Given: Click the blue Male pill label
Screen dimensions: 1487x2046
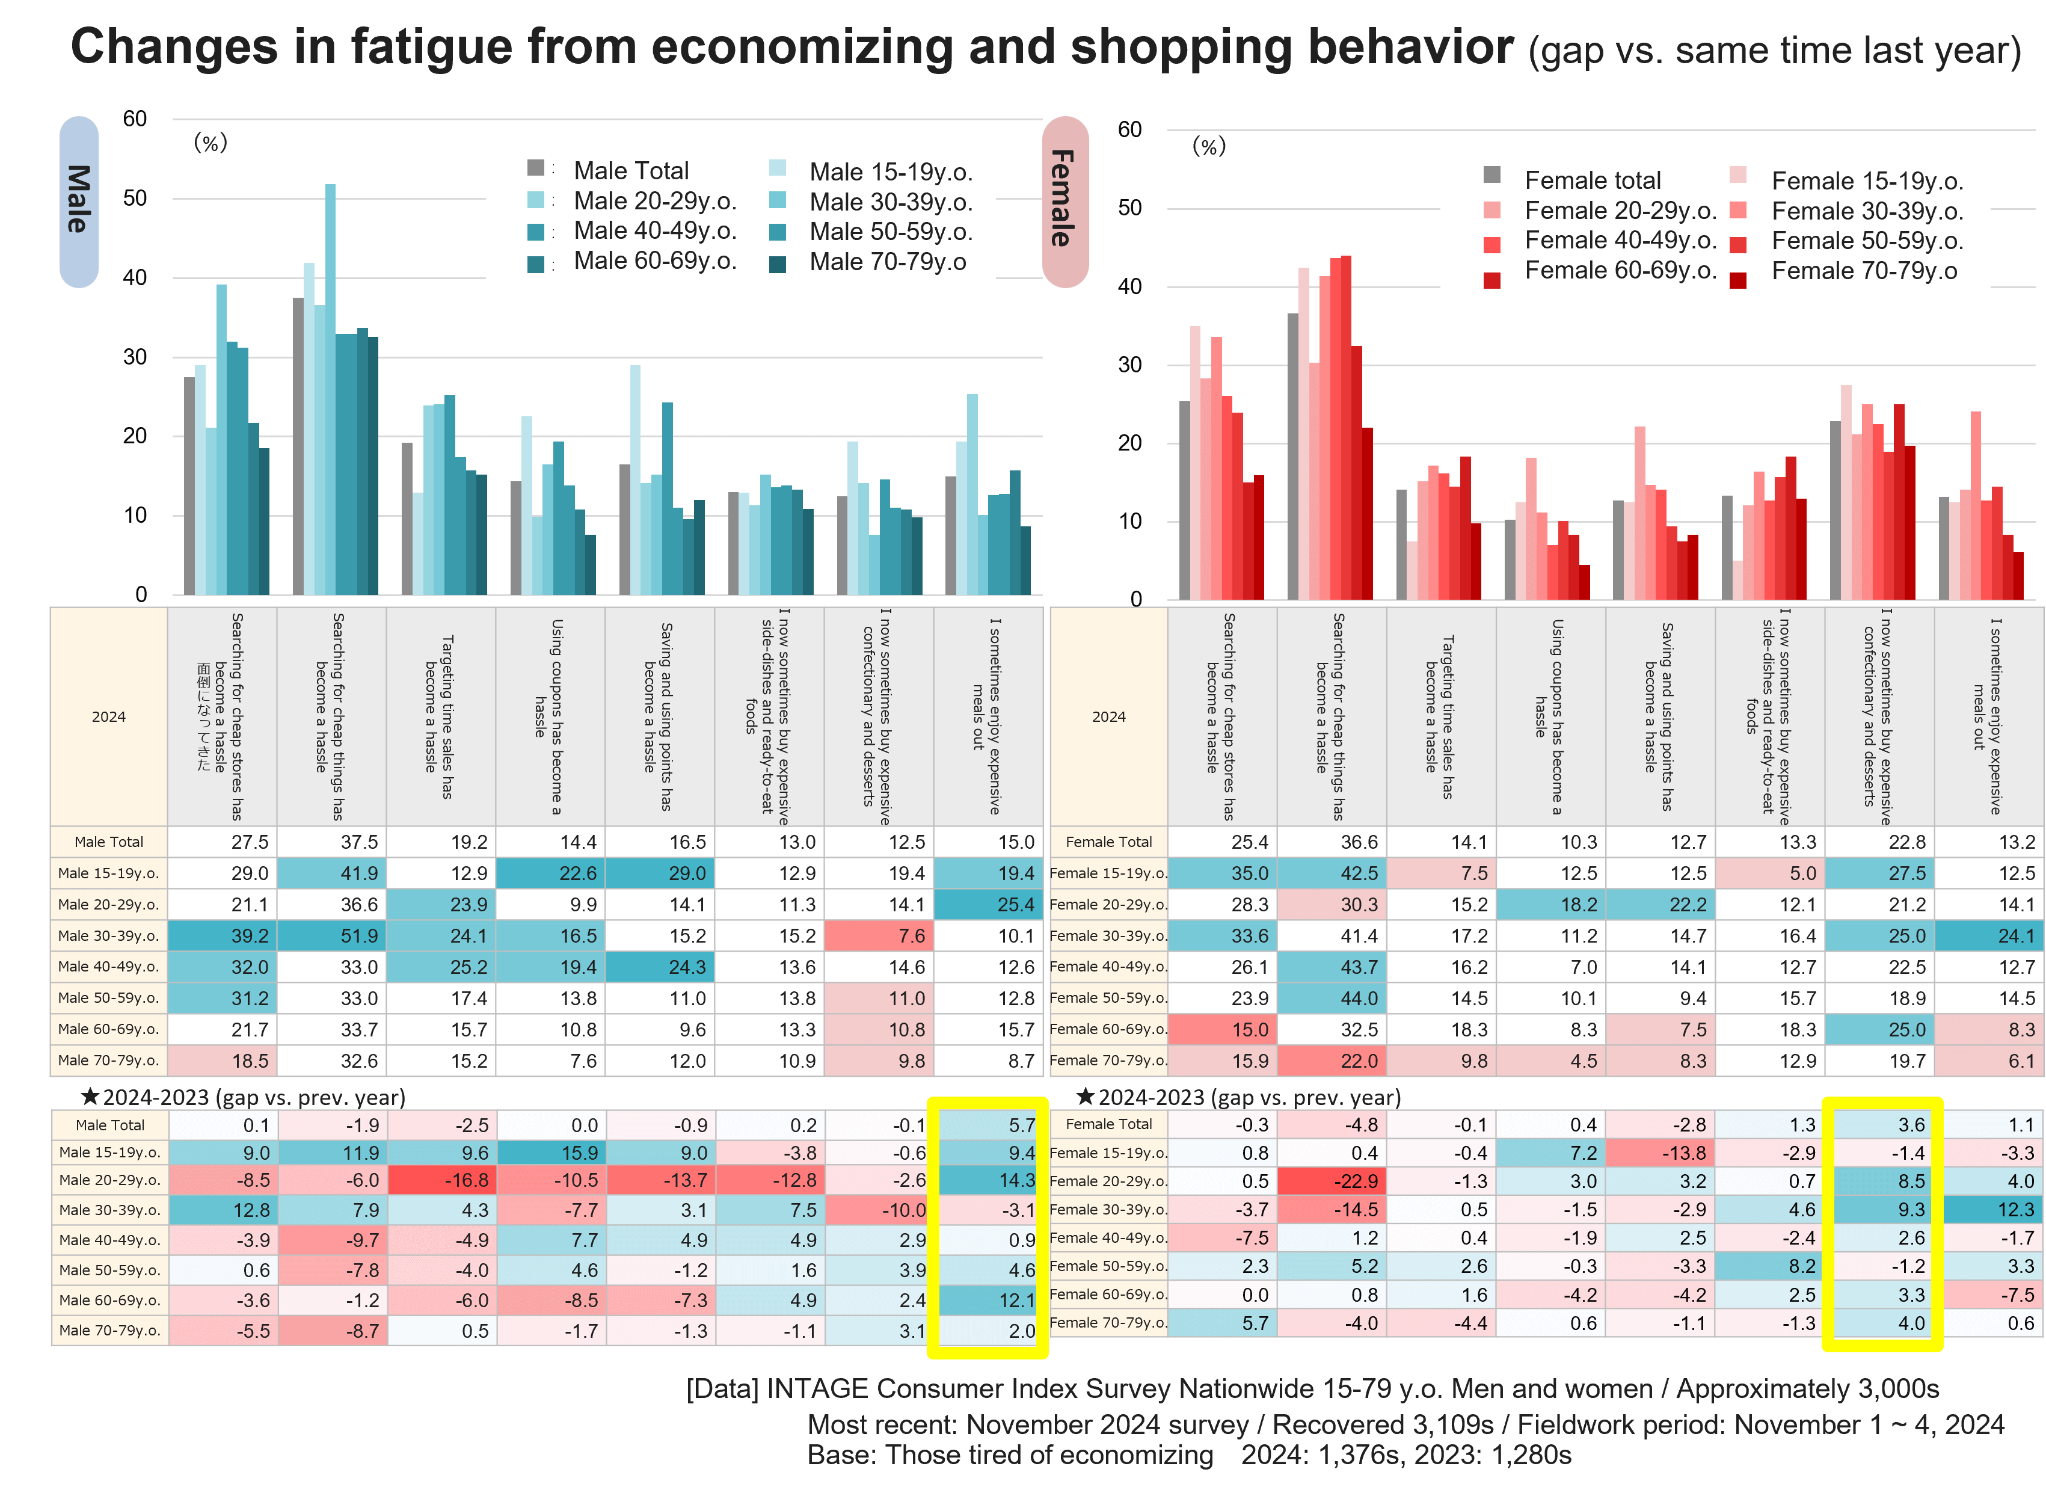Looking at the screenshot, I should click(78, 201).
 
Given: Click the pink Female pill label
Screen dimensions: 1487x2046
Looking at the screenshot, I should click(1064, 200).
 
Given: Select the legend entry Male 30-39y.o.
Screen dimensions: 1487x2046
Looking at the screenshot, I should click(890, 202).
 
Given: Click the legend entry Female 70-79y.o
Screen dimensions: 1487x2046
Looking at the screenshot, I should click(1864, 271).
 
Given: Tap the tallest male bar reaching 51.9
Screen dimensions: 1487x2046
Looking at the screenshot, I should click(330, 388).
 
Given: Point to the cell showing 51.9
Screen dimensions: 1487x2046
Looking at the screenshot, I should click(332, 936).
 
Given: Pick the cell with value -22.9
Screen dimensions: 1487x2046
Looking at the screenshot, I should click(1333, 1181).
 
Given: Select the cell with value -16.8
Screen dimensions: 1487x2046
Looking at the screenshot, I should click(443, 1180).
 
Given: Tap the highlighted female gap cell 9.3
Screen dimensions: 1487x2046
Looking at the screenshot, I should click(1882, 1209).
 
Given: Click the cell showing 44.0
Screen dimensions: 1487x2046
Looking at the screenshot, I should click(1333, 998).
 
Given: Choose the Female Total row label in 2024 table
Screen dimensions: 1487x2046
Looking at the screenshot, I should click(1109, 842).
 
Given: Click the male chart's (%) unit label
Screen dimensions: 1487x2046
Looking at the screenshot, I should click(211, 143).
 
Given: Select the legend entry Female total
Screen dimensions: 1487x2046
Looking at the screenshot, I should click(1593, 180).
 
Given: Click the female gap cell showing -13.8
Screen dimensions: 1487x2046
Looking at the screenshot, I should click(1661, 1153).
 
